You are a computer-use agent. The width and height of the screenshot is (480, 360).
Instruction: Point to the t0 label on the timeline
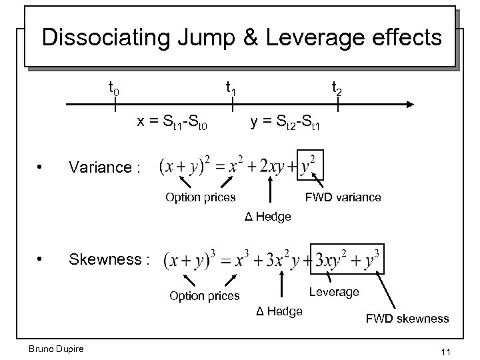pos(114,87)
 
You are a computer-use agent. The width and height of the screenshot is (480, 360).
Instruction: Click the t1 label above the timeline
pos(231,87)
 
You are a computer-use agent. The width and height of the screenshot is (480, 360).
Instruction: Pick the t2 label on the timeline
pos(337,87)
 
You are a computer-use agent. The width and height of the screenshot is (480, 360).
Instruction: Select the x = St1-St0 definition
pos(173,122)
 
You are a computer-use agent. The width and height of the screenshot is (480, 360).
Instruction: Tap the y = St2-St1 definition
pos(285,122)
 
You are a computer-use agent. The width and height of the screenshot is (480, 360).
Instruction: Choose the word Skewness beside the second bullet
pos(107,259)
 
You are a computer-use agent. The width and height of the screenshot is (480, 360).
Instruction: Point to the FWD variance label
pos(343,197)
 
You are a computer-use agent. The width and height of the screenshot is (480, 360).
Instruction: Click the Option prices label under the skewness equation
pos(204,296)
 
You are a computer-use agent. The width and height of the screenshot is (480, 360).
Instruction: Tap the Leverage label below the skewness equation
pos(334,292)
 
